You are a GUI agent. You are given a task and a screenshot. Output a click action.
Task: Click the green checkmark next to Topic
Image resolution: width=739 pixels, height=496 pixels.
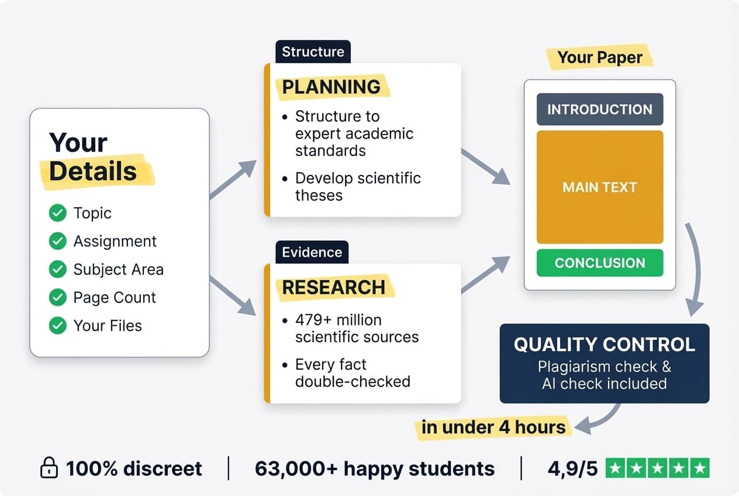[x=57, y=213]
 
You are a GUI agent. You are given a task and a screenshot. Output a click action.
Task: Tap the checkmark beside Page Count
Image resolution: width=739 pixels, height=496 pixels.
[x=57, y=297]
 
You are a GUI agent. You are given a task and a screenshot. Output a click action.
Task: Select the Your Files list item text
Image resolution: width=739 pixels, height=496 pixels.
[x=108, y=325]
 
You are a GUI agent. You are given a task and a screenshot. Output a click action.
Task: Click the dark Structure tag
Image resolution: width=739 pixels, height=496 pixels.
[x=313, y=51]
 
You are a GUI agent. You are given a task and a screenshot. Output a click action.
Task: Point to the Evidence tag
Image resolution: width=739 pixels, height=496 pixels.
[x=312, y=252]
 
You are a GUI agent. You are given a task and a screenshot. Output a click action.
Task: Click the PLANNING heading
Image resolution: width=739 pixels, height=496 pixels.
[x=331, y=87]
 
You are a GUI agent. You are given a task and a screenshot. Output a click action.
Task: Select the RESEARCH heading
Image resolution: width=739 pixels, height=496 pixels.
[x=334, y=287]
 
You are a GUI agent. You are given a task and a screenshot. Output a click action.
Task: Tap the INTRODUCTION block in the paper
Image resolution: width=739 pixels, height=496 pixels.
[x=600, y=109]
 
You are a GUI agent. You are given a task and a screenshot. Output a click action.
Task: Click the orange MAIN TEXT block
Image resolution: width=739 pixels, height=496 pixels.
[x=600, y=187]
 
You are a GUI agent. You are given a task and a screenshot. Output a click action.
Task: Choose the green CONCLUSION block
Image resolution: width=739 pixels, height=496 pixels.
[x=600, y=263]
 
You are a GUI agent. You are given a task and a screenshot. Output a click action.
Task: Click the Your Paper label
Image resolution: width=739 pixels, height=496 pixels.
[x=600, y=57]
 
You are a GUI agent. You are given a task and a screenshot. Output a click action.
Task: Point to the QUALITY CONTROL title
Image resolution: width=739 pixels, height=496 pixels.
[x=605, y=344]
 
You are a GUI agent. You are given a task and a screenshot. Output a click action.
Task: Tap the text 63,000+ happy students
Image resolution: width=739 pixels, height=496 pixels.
[x=375, y=468]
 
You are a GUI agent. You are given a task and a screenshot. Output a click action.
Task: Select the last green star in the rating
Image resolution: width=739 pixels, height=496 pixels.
[x=699, y=468]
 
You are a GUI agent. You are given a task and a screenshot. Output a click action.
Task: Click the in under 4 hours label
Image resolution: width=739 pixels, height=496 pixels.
[x=493, y=426]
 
